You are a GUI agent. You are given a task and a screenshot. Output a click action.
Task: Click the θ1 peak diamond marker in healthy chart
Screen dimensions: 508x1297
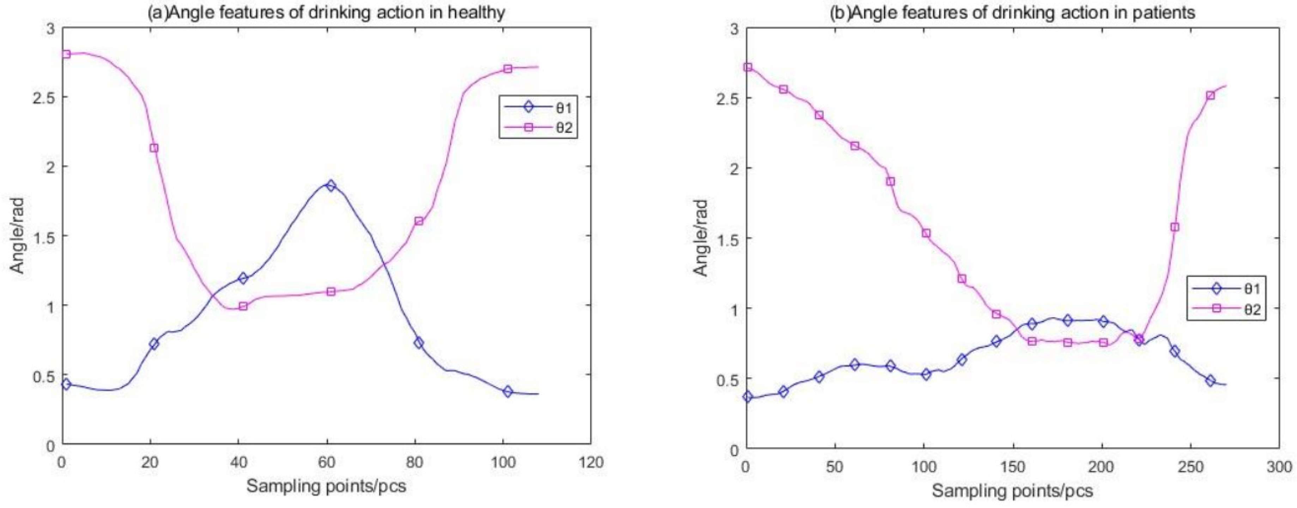[x=330, y=186]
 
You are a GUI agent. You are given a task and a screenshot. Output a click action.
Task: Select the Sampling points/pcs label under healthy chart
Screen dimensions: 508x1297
[x=326, y=486]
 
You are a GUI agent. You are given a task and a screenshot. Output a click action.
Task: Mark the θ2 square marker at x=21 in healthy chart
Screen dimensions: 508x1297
[x=154, y=148]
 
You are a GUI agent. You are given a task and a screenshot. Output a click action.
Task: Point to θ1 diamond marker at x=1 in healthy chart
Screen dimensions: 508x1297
[x=66, y=384]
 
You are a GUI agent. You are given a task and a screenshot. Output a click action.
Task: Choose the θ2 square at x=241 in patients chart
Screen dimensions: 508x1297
[x=1175, y=227]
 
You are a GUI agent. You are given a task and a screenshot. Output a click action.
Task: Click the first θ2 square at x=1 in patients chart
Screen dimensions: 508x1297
[x=748, y=67]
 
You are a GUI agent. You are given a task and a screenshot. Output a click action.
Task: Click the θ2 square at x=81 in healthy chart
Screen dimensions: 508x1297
[x=418, y=221]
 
